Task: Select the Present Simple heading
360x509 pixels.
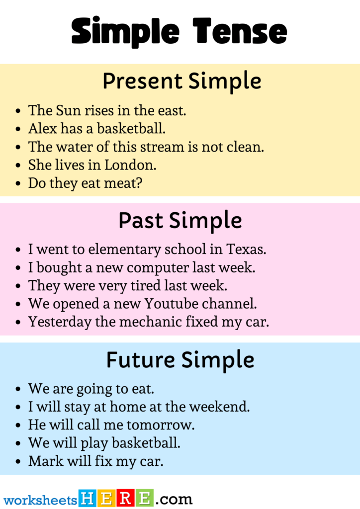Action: tap(181, 81)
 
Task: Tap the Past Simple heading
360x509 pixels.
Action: tap(180, 220)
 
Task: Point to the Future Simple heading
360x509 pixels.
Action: tap(180, 359)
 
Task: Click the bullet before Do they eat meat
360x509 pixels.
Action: tap(18, 184)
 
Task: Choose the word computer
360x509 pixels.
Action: tap(157, 267)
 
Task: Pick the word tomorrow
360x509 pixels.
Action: tap(165, 424)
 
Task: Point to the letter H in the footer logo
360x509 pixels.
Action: tap(87, 498)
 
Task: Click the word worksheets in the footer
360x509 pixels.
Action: tap(41, 499)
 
